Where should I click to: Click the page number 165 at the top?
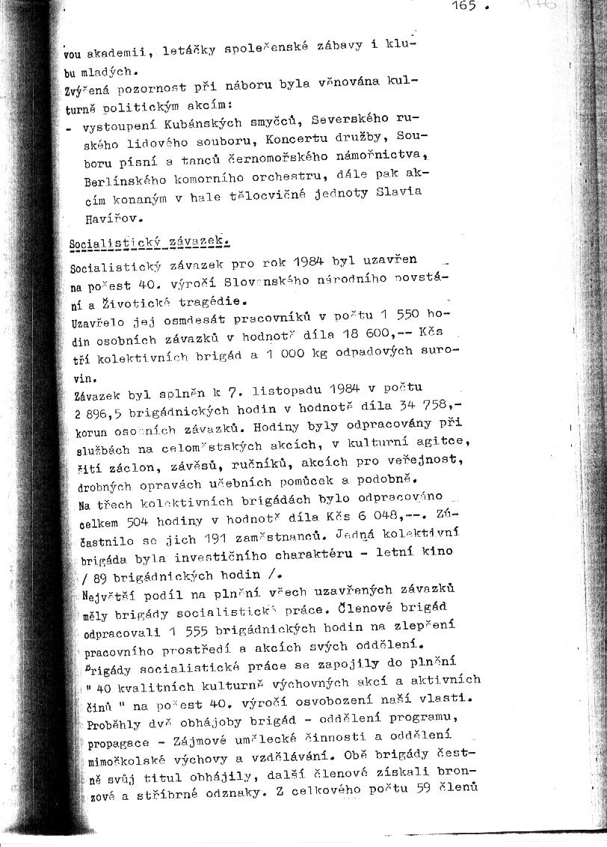[x=464, y=7]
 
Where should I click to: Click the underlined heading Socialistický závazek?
[x=150, y=242]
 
